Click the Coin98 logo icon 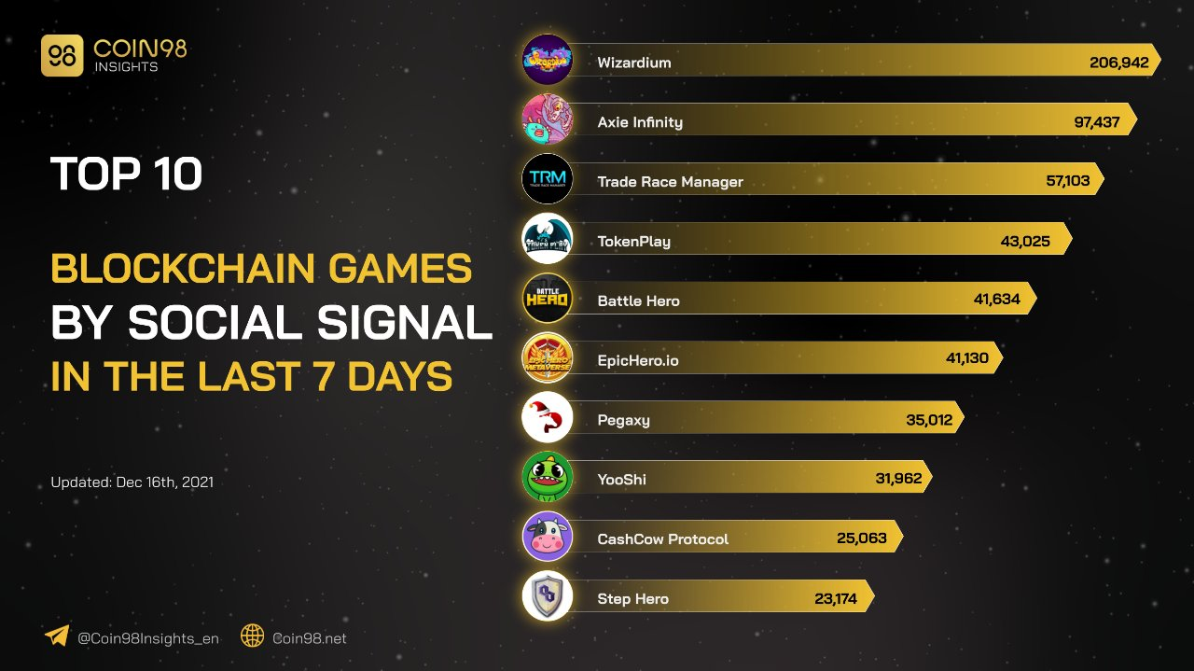(62, 56)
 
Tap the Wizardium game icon (547, 60)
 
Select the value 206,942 (1118, 63)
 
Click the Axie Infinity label (640, 122)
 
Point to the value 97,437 (1096, 122)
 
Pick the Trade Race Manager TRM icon (547, 178)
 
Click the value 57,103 (1067, 181)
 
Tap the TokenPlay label (633, 242)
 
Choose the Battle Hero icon (547, 298)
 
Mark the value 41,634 (996, 301)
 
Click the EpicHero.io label (638, 360)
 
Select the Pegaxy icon (547, 417)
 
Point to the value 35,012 (929, 420)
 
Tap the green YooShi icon (547, 477)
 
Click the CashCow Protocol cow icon (547, 537)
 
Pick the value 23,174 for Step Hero (835, 599)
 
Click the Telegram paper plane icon (57, 636)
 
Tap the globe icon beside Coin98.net (253, 636)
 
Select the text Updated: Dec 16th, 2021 (132, 482)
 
